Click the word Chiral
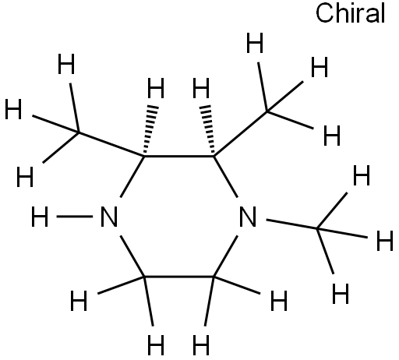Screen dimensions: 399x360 point(350,13)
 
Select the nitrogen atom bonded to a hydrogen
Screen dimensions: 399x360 point(109,217)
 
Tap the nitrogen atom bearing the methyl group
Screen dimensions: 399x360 point(248,217)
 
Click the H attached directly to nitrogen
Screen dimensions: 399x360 point(40,217)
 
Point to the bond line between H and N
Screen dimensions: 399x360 point(75,217)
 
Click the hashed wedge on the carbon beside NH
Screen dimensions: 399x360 point(150,129)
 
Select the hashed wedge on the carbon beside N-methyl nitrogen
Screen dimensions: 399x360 point(208,129)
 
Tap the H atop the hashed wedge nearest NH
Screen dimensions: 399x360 point(156,88)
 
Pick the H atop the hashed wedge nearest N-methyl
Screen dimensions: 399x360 point(201,88)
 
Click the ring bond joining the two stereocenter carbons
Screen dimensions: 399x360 point(179,157)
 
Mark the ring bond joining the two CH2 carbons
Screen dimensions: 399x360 point(179,277)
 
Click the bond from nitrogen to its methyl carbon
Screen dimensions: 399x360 point(291,224)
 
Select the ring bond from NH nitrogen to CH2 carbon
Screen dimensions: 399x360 point(132,256)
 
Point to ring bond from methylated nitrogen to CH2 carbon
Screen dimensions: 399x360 point(225,256)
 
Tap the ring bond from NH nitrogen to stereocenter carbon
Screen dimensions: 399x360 point(132,177)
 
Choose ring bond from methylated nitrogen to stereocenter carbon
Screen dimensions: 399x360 point(225,177)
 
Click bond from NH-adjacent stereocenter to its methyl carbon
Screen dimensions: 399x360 point(111,144)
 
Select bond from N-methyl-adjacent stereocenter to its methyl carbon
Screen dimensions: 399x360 point(241,134)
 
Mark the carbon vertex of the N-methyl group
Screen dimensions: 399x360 point(317,228)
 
